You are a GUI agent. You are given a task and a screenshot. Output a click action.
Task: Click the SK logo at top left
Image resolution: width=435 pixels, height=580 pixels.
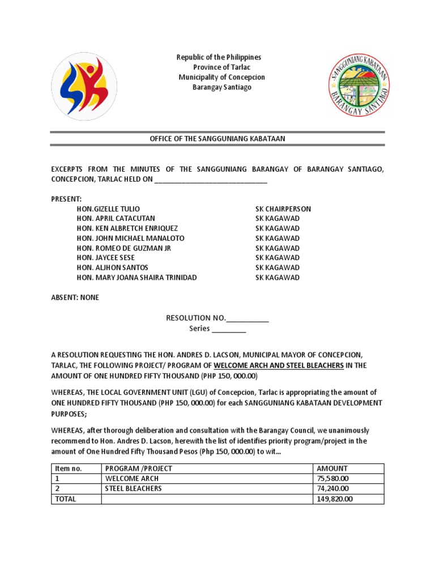point(84,86)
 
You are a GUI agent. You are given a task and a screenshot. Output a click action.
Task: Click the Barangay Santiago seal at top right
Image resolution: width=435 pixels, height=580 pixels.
point(359,86)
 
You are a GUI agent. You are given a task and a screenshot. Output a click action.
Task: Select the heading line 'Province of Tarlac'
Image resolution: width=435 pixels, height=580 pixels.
point(219,67)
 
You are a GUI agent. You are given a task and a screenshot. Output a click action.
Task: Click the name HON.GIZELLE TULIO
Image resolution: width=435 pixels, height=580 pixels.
point(108,209)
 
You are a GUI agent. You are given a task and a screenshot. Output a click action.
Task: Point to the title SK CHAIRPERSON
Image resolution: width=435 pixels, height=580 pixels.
point(283,209)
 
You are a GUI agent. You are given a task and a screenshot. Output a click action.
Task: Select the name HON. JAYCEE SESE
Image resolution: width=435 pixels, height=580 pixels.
point(106,258)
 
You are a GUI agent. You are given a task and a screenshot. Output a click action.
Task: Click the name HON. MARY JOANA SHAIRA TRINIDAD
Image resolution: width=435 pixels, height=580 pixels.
point(137,278)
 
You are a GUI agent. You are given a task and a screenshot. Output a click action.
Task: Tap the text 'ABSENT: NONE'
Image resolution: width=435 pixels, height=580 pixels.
point(75,297)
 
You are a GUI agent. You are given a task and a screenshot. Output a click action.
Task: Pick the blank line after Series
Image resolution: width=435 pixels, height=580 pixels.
point(229,329)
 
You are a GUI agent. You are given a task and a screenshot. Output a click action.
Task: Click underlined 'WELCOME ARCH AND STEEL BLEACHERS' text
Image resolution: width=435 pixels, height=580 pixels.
point(278,365)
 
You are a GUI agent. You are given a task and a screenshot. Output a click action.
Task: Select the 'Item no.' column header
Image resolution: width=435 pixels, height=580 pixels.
point(69,468)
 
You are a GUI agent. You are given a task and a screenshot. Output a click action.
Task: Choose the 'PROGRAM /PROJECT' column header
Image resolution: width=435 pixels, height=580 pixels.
point(139,468)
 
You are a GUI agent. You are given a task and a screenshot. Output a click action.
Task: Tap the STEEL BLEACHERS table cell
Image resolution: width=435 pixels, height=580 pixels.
point(133,489)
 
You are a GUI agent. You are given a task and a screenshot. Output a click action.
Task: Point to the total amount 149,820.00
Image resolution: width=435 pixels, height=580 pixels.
point(335,499)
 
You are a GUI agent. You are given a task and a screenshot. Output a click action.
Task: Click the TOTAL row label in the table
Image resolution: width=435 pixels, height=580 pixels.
point(65,499)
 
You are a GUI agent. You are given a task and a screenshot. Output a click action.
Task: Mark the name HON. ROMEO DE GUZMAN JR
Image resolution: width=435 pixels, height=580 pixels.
point(123,248)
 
